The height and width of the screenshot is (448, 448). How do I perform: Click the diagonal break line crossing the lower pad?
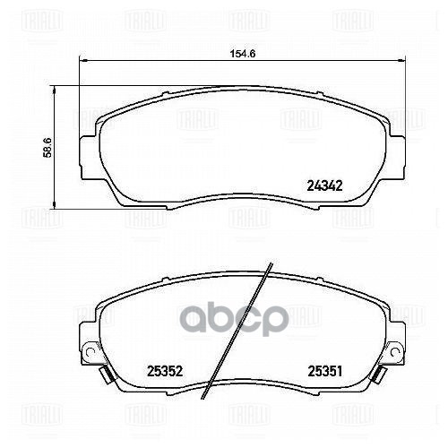coord(239,332)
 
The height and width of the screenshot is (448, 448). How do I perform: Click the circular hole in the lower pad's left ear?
coord(90,350)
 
